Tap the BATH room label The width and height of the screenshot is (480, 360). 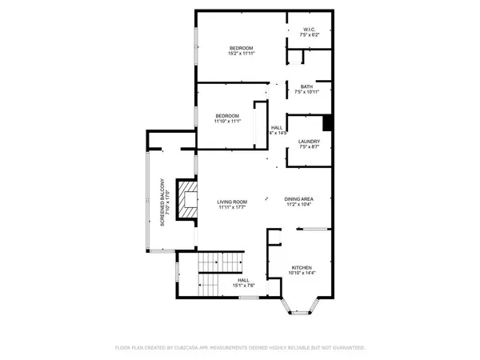(307, 86)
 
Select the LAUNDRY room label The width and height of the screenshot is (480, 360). (309, 142)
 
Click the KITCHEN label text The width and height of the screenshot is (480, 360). (302, 267)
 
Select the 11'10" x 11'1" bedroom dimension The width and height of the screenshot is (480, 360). (227, 122)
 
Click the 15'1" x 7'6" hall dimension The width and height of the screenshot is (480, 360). (242, 286)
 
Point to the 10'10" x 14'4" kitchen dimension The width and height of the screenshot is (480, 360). (302, 274)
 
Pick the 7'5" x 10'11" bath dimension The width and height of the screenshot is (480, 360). (307, 93)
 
